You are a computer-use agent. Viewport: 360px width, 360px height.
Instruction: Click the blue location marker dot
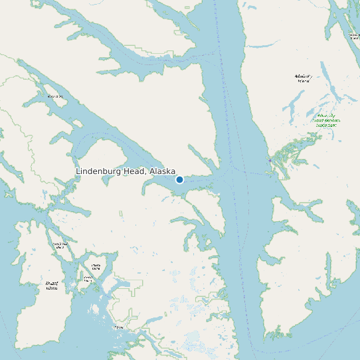coord(179,179)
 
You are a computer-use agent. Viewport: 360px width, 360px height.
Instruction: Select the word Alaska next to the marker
coord(163,171)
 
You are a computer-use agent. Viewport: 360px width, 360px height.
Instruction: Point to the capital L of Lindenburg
coord(78,171)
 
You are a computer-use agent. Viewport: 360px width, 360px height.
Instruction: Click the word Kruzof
coord(51,283)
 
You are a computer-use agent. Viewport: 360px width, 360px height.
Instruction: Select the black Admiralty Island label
coord(304,78)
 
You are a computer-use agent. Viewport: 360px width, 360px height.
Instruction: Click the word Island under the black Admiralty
coord(304,81)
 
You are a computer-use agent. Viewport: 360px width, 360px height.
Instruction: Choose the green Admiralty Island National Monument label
coord(325,120)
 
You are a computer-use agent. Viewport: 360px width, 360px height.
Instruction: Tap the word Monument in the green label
coord(325,125)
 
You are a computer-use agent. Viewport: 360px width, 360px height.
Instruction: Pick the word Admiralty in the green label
coord(325,115)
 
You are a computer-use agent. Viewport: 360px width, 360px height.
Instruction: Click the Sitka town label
coord(118,327)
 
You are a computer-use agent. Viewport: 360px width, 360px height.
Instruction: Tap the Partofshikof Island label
coord(60,246)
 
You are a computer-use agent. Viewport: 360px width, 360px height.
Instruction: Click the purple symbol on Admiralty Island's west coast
coord(269,160)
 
